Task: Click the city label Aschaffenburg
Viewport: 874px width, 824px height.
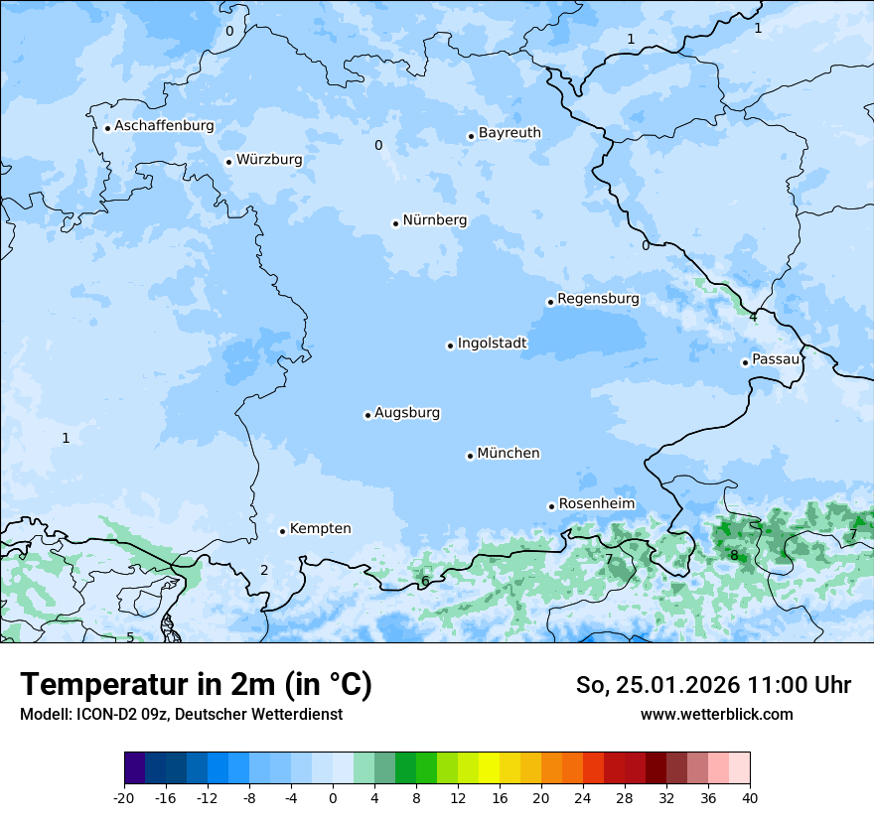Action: [164, 126]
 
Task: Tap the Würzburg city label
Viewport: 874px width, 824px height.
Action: [269, 160]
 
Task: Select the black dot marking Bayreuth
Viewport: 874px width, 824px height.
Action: [472, 136]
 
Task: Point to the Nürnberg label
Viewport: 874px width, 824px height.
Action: [434, 220]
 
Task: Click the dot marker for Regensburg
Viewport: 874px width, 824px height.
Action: [550, 302]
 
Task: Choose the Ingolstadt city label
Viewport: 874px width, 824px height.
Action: [492, 343]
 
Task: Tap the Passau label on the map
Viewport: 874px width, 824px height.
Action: [775, 359]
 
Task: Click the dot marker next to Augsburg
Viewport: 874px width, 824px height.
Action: [367, 415]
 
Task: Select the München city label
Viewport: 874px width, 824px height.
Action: [509, 454]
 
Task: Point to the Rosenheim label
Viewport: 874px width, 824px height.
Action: [596, 504]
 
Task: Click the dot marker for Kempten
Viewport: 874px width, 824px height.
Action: [282, 531]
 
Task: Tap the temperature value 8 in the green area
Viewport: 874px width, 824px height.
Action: [734, 556]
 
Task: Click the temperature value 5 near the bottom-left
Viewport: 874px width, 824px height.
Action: [130, 637]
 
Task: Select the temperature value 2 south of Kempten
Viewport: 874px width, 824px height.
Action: [264, 570]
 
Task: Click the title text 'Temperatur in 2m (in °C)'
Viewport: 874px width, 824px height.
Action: [196, 685]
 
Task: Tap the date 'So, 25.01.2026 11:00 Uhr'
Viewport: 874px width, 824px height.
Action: [713, 685]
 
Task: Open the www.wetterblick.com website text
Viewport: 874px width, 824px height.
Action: [716, 714]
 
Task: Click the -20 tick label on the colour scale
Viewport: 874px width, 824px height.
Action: [124, 797]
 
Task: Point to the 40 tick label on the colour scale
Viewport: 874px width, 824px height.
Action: [750, 797]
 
